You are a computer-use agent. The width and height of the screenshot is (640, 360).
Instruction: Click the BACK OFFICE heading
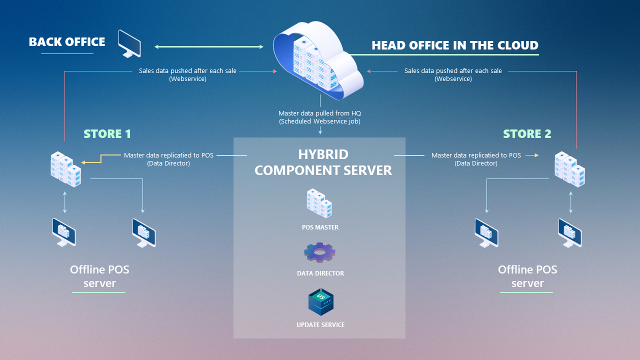tap(67, 42)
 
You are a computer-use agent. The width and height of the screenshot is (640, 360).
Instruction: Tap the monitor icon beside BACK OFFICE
tap(129, 44)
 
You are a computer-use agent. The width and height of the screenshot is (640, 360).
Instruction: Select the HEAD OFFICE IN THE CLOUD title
tap(454, 45)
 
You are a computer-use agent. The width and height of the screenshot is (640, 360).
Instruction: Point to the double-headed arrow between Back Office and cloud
tap(208, 47)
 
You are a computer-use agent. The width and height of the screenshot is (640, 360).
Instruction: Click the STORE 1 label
tap(107, 133)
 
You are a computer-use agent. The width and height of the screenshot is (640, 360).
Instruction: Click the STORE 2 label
tap(526, 133)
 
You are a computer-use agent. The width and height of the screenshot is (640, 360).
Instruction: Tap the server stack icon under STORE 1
tap(65, 169)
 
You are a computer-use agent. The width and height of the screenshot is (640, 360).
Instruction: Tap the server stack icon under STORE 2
tap(570, 169)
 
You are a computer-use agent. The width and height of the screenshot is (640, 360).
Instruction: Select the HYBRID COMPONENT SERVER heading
tap(323, 162)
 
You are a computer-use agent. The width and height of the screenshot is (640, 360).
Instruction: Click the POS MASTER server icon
tap(319, 203)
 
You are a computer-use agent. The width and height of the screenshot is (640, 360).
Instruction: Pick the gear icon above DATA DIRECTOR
tap(320, 252)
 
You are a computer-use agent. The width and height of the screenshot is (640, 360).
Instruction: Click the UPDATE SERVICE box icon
tap(320, 301)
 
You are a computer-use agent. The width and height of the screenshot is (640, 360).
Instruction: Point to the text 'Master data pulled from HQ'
tap(319, 113)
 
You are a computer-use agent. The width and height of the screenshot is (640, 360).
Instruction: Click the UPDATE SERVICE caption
tap(320, 324)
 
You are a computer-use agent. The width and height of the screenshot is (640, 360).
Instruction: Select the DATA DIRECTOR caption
tap(320, 273)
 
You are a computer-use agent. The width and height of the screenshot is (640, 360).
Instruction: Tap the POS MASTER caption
tap(320, 227)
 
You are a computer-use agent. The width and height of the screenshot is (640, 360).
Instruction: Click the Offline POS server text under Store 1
tap(99, 276)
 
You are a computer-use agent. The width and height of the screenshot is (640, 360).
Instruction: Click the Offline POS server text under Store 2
tap(527, 276)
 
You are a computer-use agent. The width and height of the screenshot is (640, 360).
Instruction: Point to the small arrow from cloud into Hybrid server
tap(320, 130)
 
